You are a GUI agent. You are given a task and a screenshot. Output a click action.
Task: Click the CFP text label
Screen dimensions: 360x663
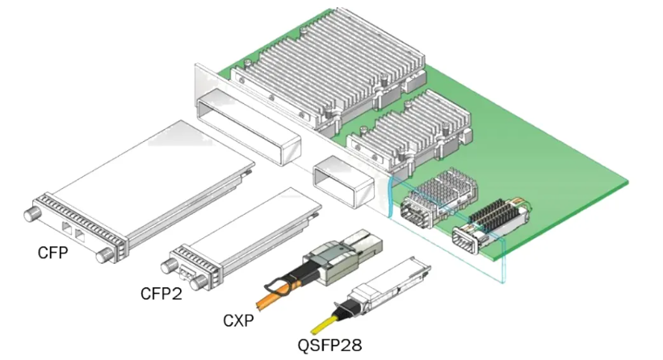(52, 253)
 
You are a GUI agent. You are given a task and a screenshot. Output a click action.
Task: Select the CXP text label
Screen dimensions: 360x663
(238, 321)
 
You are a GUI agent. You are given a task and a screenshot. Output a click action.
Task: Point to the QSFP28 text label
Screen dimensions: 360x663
(329, 345)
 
